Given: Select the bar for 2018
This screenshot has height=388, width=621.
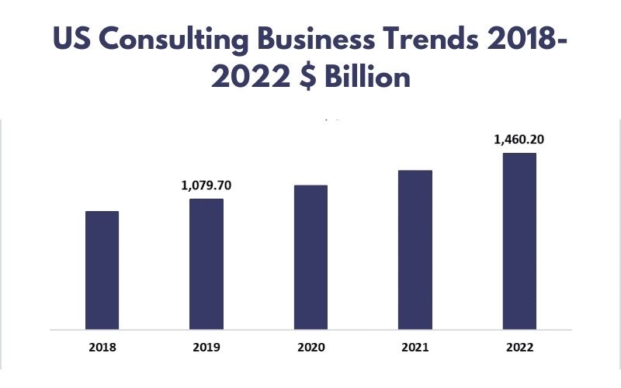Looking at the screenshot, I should (102, 269).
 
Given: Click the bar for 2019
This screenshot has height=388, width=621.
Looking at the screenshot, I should (206, 264).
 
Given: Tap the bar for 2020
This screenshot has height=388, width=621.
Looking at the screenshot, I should (310, 257).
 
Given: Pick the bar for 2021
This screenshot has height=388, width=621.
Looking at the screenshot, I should (415, 249).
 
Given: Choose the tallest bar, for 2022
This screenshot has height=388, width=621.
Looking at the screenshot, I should (519, 241).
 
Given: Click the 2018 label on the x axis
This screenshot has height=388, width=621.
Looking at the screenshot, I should (102, 347).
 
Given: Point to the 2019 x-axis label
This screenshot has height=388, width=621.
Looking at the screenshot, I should (206, 347).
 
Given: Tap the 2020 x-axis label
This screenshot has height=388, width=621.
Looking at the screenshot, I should (310, 347).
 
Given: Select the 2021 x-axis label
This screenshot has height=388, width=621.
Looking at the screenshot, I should (415, 347).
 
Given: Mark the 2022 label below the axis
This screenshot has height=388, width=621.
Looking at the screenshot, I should (519, 347).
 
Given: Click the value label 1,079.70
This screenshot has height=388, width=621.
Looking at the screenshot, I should (206, 186).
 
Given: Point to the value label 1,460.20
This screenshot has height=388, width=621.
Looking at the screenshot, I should (519, 140).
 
